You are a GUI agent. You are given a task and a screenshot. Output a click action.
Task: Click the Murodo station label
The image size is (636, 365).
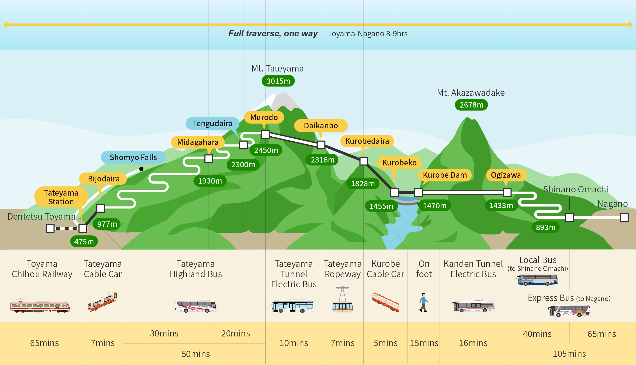(x=264, y=117)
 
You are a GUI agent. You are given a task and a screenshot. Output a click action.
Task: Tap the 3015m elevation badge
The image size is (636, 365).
(x=278, y=81)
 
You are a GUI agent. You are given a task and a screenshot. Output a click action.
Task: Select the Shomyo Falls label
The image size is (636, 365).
(x=133, y=157)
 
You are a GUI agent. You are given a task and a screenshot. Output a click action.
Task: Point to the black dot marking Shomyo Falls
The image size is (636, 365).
(x=141, y=169)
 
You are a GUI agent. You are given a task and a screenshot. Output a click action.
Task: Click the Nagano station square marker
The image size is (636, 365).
(x=624, y=217)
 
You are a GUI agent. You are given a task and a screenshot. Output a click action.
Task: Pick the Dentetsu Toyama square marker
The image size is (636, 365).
(x=50, y=228)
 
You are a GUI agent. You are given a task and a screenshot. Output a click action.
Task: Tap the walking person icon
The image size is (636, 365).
(x=424, y=303)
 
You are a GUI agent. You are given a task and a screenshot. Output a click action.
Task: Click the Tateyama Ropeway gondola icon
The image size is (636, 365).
(x=342, y=300)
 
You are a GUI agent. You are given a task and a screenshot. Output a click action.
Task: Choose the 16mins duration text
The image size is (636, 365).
(x=473, y=343)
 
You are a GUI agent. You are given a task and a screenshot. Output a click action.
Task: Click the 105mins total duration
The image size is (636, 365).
(x=569, y=354)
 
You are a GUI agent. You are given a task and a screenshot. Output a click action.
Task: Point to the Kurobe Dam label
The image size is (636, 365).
(x=445, y=175)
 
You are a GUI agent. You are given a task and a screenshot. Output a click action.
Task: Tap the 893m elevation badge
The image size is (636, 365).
(x=546, y=227)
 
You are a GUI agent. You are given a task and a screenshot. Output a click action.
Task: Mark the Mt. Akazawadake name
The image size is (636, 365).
(x=471, y=93)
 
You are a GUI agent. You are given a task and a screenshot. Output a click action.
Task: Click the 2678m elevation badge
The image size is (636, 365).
(x=471, y=105)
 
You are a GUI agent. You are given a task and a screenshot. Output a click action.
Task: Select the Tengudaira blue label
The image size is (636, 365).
(x=212, y=124)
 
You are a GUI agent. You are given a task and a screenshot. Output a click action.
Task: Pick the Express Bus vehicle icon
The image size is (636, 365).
(x=569, y=311)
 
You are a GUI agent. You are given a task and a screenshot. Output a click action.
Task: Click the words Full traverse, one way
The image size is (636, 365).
(x=273, y=34)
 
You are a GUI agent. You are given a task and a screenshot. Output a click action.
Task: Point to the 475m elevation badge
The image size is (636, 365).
(x=84, y=241)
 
